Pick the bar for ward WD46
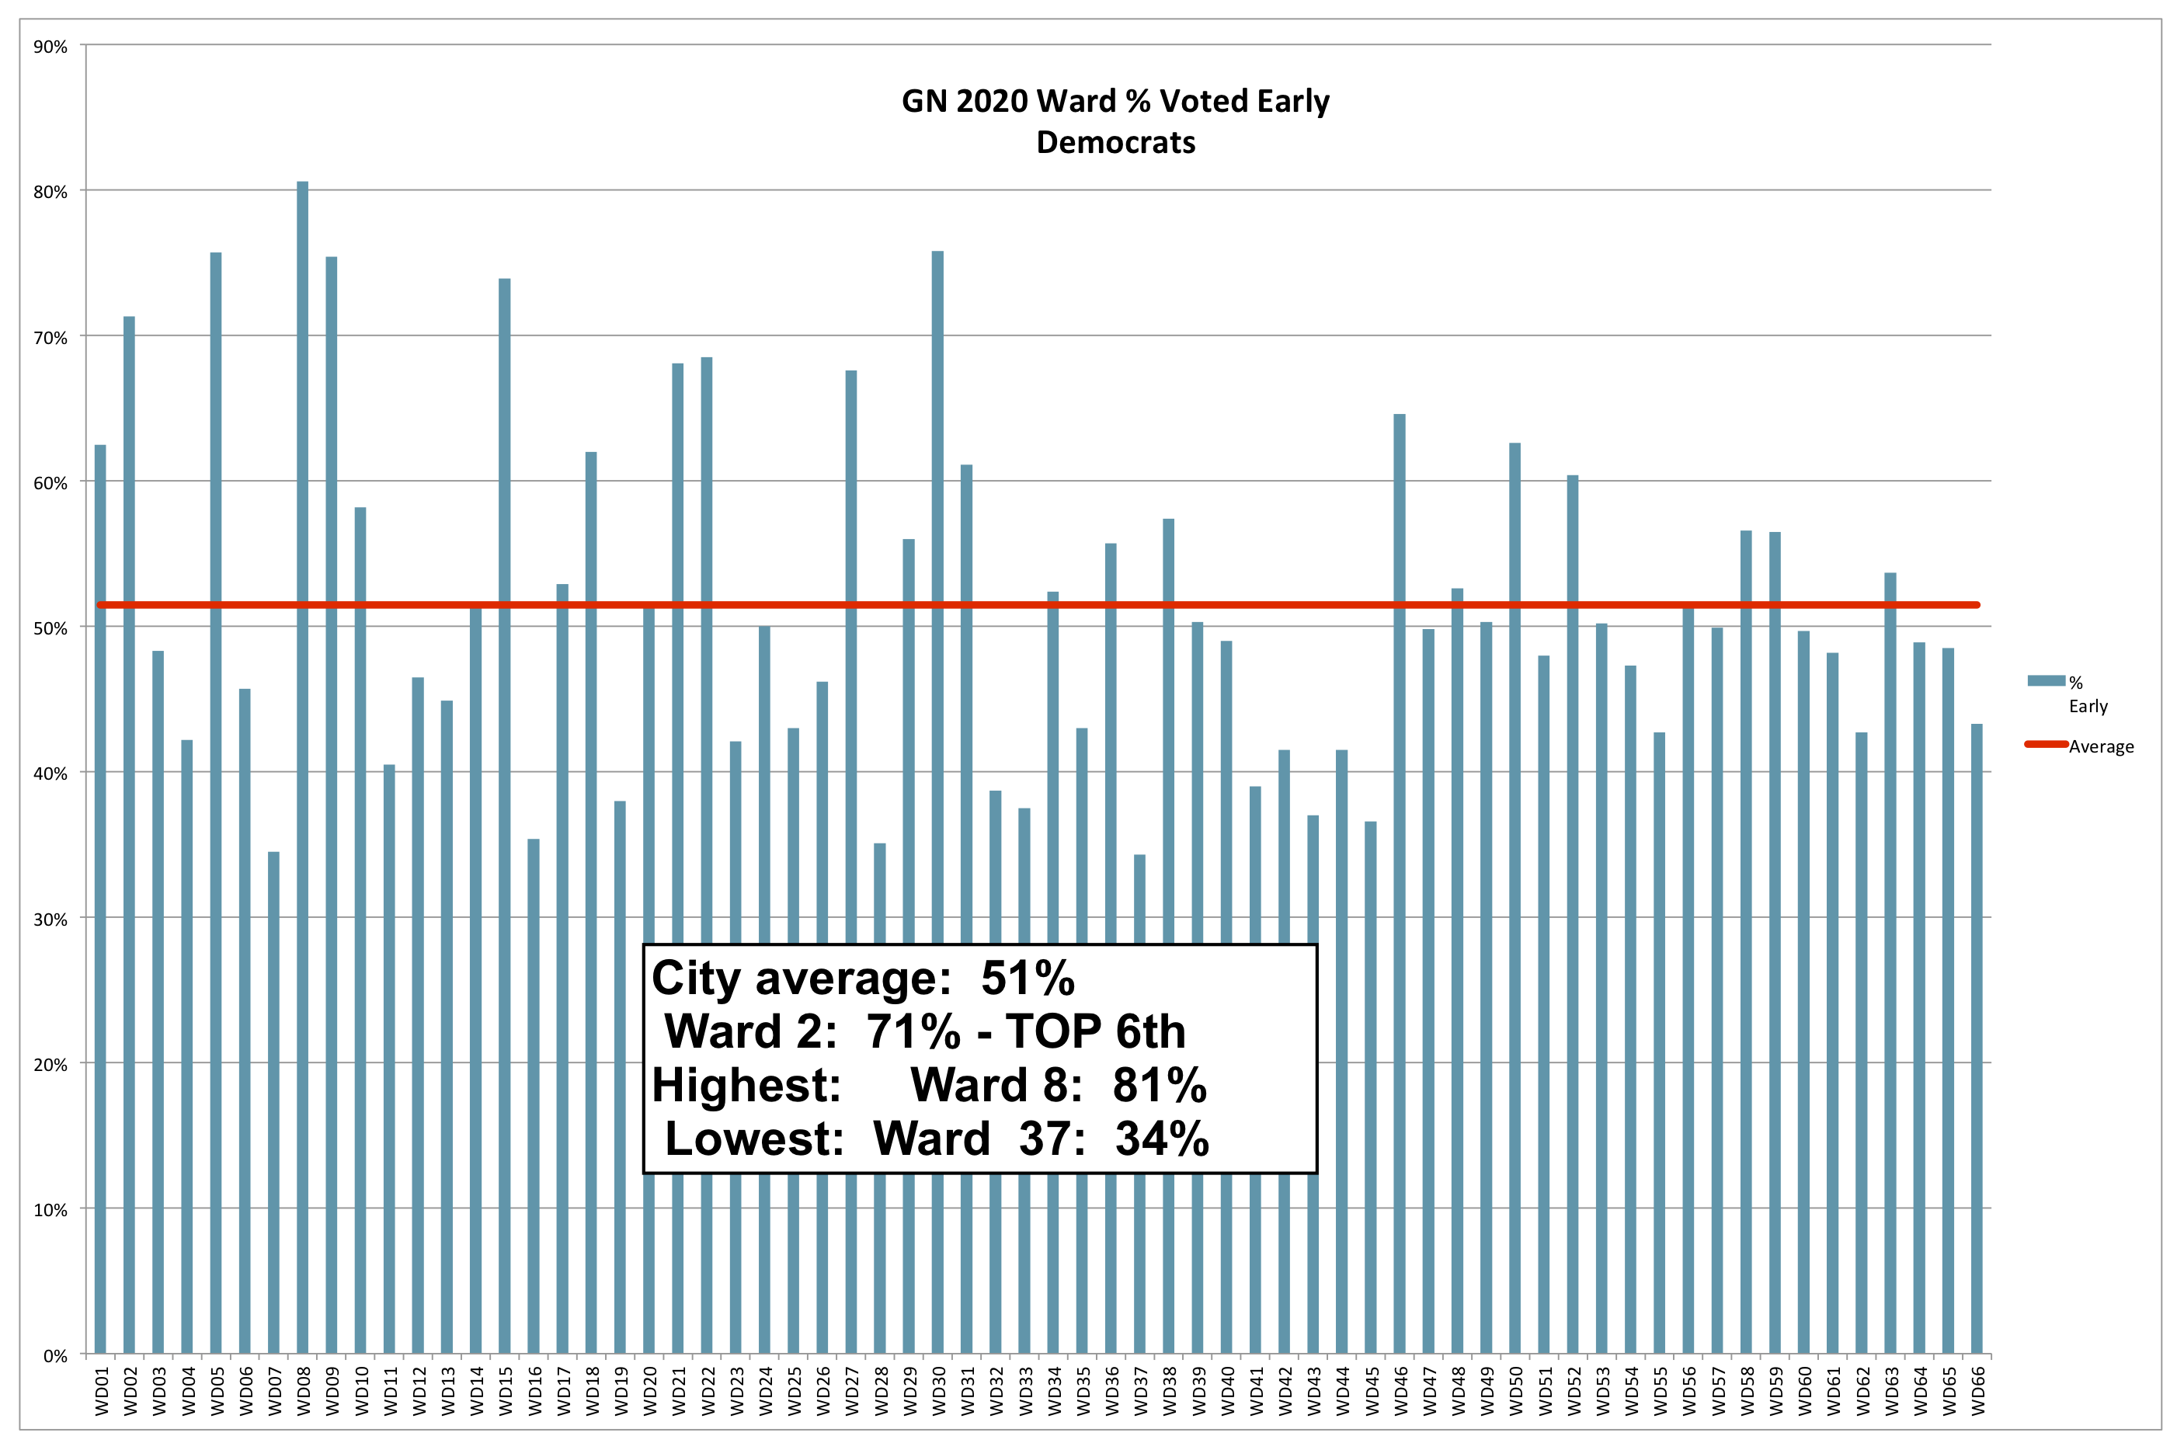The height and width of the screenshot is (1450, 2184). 1399,878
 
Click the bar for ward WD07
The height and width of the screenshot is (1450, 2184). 273,1101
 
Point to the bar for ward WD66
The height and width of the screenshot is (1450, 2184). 1977,1036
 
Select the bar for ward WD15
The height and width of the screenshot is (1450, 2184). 505,814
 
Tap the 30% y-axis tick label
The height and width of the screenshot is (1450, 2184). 50,920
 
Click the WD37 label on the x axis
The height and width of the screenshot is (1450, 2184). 1140,1391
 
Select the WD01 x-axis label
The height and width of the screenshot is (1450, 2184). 101,1391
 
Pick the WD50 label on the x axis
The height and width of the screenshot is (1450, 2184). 1515,1391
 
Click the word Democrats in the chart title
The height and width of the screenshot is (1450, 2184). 1115,142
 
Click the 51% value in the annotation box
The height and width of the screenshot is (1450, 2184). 1028,979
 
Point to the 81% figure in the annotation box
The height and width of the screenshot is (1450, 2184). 1160,1085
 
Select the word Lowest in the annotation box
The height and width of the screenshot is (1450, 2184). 753,1139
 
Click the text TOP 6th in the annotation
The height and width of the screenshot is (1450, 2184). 1095,1031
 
